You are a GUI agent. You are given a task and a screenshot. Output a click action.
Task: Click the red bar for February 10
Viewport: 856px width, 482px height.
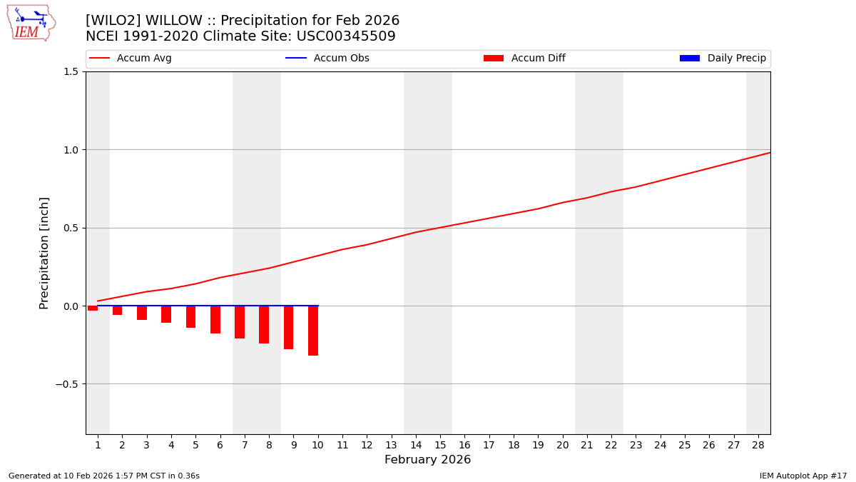(x=313, y=331)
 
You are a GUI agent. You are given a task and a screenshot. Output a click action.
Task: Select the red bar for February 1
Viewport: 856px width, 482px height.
(x=93, y=308)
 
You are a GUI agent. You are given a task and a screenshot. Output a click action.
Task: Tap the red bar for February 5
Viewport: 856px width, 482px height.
(x=190, y=317)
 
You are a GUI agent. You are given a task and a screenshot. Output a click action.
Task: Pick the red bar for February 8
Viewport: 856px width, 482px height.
(x=264, y=325)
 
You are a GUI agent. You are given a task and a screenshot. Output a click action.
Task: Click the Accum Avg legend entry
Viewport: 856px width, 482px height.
(x=131, y=59)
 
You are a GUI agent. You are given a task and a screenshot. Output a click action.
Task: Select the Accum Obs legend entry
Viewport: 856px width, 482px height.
(x=327, y=59)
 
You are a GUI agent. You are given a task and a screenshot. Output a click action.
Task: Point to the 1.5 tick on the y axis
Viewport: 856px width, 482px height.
(x=71, y=71)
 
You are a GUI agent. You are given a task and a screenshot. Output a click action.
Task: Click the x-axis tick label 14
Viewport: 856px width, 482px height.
(x=416, y=445)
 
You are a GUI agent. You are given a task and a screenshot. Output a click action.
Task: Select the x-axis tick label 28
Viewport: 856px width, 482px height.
(x=758, y=445)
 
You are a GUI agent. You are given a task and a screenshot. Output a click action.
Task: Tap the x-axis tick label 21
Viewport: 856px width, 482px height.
(x=587, y=445)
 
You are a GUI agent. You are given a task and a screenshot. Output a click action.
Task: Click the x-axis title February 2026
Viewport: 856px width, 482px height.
(x=427, y=460)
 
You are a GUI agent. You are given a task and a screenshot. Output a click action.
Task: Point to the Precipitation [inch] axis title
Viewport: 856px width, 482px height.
(x=44, y=253)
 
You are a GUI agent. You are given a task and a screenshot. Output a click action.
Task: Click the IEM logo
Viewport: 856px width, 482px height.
(x=31, y=23)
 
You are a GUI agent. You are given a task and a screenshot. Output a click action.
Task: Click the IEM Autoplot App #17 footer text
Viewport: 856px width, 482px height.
(x=802, y=476)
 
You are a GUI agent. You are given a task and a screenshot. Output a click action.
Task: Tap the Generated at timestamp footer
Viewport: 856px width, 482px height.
(x=104, y=476)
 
